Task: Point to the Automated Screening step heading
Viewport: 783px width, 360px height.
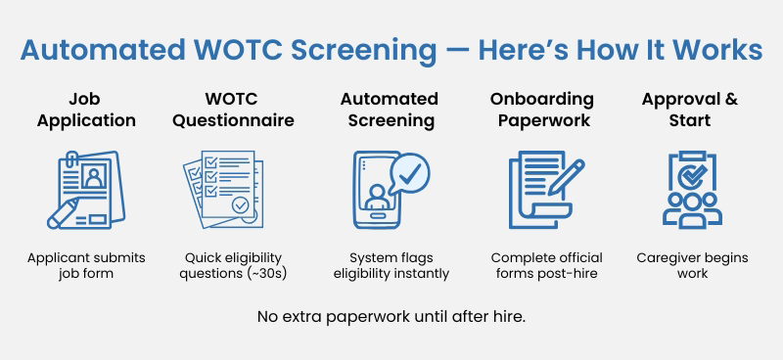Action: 389,111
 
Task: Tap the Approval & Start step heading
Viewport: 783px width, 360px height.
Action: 689,111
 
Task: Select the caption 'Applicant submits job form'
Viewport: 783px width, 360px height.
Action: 86,265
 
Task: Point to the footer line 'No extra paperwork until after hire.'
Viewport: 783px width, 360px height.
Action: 391,317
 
